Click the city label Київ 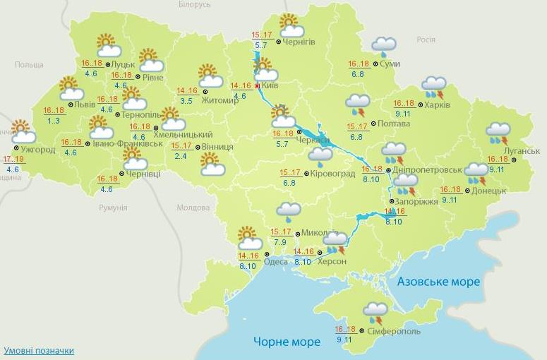(x=270, y=85)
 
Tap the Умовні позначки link (x=39, y=350)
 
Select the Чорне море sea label (x=287, y=342)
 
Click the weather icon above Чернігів (x=290, y=25)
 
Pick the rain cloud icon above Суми (x=384, y=47)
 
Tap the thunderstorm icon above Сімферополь (x=375, y=312)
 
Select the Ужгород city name (x=38, y=150)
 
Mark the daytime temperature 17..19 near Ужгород (x=13, y=159)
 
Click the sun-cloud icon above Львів (x=71, y=88)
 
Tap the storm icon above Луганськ (x=498, y=133)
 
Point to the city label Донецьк (x=488, y=191)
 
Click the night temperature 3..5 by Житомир (x=186, y=101)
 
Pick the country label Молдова (x=193, y=208)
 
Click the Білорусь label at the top (x=194, y=5)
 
